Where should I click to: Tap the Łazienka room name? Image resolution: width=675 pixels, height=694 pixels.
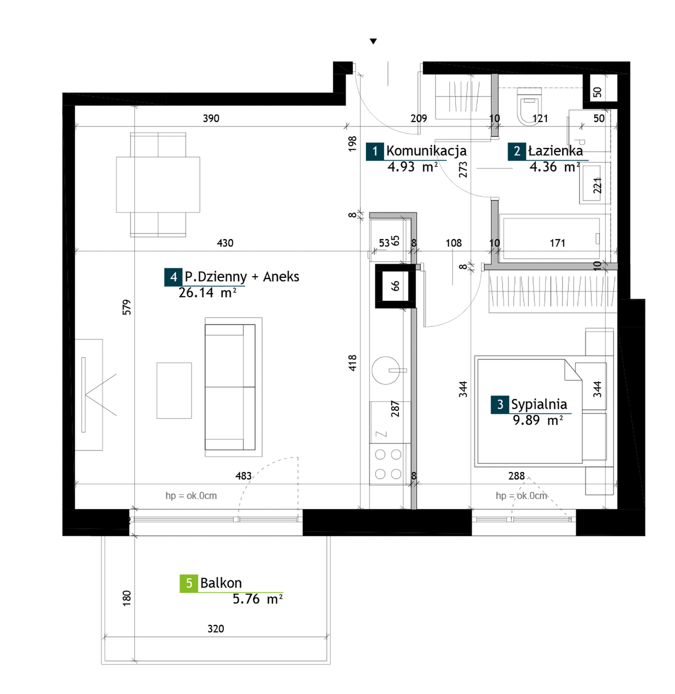pyautogui.click(x=555, y=151)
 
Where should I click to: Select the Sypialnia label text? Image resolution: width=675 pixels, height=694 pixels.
pyautogui.click(x=539, y=404)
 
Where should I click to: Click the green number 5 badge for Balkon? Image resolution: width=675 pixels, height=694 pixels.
pyautogui.click(x=189, y=583)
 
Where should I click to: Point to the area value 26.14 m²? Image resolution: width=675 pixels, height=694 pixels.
pyautogui.click(x=207, y=293)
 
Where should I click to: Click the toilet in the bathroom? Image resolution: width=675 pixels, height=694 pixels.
pyautogui.click(x=529, y=107)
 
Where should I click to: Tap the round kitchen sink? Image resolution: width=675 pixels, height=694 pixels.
pyautogui.click(x=386, y=370)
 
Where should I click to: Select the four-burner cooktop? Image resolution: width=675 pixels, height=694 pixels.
pyautogui.click(x=388, y=464)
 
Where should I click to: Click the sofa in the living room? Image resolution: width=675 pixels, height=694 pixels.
pyautogui.click(x=230, y=387)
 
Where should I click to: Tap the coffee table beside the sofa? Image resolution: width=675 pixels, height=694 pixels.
pyautogui.click(x=174, y=391)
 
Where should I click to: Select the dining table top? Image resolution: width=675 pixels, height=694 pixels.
pyautogui.click(x=158, y=185)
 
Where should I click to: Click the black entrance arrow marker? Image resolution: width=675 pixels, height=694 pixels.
pyautogui.click(x=373, y=42)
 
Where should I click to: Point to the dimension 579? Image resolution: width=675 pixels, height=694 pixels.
pyautogui.click(x=127, y=307)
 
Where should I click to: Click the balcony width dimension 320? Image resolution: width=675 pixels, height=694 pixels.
pyautogui.click(x=216, y=629)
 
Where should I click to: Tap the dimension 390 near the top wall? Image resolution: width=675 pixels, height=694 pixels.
pyautogui.click(x=211, y=118)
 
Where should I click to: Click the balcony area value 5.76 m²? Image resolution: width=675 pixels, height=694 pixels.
pyautogui.click(x=258, y=599)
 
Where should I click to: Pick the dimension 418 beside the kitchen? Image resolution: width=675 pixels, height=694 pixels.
pyautogui.click(x=352, y=363)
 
